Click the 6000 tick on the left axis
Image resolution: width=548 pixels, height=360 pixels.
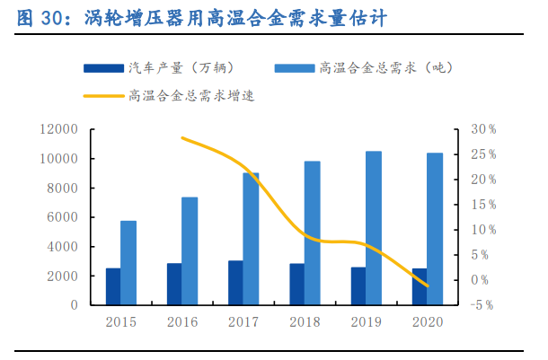[x=62, y=217]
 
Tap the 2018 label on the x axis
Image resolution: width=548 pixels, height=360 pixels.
[x=305, y=321]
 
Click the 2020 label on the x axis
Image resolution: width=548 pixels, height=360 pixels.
[x=427, y=321]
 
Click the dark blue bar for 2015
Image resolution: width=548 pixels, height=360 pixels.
[x=113, y=286]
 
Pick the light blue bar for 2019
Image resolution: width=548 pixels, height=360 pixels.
[x=373, y=228]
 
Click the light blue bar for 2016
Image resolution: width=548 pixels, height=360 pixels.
[x=190, y=250]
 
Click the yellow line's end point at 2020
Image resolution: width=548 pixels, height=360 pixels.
[x=428, y=286]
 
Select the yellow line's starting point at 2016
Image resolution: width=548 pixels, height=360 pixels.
[x=182, y=137]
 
